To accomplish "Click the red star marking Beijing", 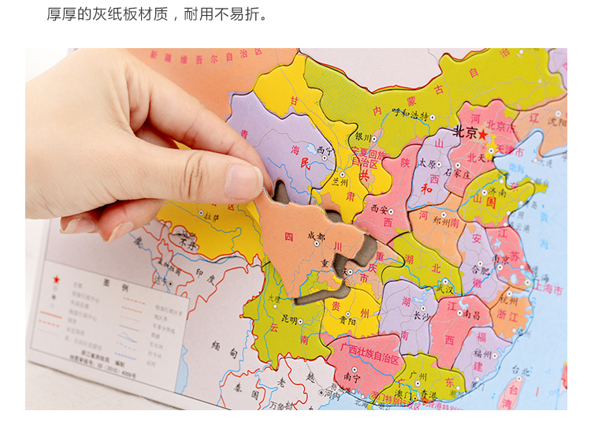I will click(482, 134).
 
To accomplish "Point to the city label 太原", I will click(426, 164).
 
